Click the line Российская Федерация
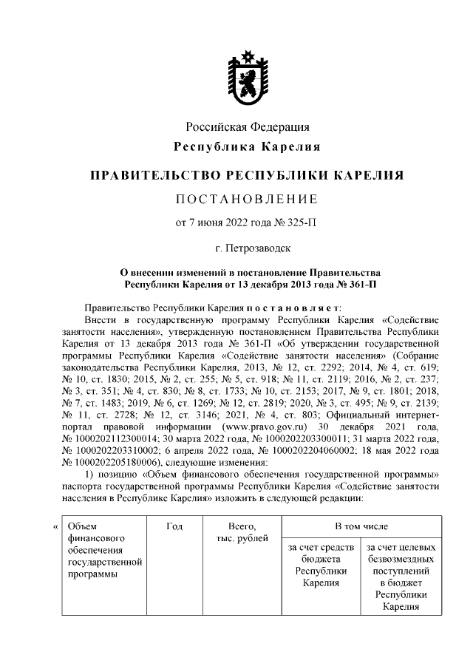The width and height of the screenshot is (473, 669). [247, 128]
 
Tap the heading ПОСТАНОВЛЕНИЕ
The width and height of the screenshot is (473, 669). [247, 200]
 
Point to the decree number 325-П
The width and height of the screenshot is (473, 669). [299, 223]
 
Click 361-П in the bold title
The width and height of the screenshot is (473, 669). [358, 283]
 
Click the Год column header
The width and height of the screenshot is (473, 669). [175, 526]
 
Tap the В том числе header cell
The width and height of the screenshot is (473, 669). [361, 526]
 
